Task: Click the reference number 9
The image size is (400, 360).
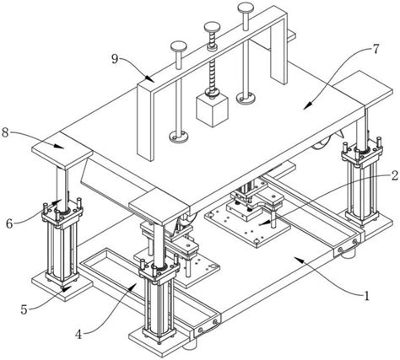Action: [x=115, y=59]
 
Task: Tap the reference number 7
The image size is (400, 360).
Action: [x=376, y=49]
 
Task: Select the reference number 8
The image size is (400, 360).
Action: [x=5, y=132]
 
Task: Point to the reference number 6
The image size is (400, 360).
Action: [x=9, y=224]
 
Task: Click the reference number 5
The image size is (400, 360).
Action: [x=24, y=309]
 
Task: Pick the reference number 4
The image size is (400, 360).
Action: [x=78, y=335]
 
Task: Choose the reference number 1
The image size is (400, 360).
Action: [x=366, y=296]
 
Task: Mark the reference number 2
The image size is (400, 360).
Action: [x=395, y=175]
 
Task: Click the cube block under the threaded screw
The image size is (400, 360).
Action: [x=212, y=110]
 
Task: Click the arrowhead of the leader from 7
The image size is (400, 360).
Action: [x=307, y=106]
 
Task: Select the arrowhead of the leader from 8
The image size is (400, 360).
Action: [x=60, y=146]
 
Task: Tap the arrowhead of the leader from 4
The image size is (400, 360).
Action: [x=133, y=287]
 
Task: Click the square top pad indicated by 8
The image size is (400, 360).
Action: [x=62, y=150]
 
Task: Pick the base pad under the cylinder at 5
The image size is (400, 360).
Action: [x=62, y=285]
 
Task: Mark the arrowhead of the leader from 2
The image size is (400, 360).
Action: [x=262, y=223]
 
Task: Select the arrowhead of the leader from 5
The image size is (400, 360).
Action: [x=66, y=288]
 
